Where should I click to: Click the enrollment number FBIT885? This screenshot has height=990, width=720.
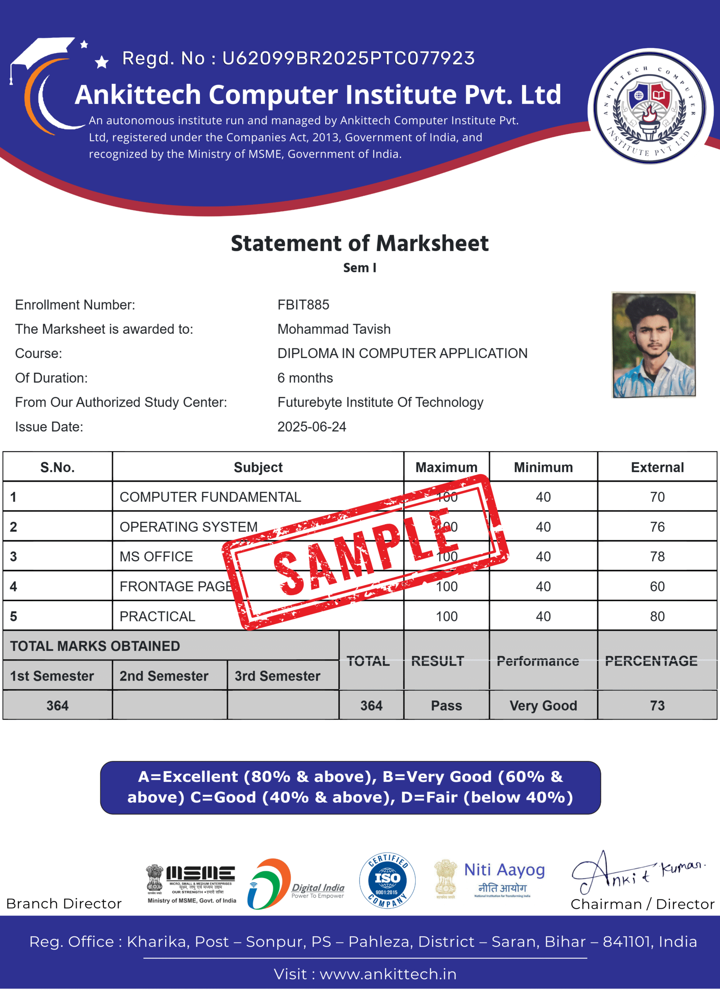303,305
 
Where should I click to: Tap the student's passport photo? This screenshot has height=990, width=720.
653,345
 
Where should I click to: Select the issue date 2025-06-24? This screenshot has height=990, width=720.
312,427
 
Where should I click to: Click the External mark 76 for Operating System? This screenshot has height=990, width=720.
657,527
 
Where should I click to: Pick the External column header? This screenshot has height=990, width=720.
657,467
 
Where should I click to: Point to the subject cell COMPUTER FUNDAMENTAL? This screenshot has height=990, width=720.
210,497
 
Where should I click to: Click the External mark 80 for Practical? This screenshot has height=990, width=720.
657,616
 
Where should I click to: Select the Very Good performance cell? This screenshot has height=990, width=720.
543,705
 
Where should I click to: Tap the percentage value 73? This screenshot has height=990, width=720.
657,705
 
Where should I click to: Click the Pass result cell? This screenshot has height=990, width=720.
446,705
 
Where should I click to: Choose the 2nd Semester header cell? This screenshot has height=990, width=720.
164,676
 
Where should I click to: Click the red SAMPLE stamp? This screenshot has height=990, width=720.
366,552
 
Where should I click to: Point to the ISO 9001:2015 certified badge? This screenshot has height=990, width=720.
387,881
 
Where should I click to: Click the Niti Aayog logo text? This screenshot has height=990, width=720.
505,870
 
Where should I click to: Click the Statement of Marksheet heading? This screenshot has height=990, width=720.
360,244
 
